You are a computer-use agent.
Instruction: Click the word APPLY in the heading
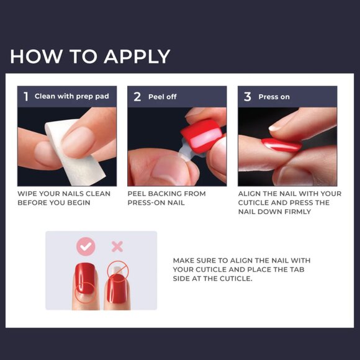click(x=137, y=56)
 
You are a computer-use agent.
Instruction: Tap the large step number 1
click(x=26, y=96)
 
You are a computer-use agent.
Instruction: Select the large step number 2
click(x=137, y=97)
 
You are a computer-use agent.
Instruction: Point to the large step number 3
click(x=247, y=97)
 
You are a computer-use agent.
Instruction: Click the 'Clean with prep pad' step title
click(x=71, y=96)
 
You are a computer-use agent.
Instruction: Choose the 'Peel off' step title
click(x=163, y=97)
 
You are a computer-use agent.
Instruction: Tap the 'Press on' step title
click(x=274, y=97)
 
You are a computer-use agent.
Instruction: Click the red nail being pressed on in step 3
click(x=281, y=145)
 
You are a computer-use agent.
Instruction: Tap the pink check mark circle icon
click(x=86, y=246)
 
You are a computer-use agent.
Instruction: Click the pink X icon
click(x=117, y=246)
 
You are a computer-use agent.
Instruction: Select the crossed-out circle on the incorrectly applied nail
click(x=118, y=271)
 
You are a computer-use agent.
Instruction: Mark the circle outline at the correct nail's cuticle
click(x=85, y=292)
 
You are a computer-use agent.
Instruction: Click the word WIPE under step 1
click(x=27, y=194)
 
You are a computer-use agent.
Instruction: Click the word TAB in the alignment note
click(x=297, y=269)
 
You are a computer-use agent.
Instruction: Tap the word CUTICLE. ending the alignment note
click(x=236, y=279)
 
